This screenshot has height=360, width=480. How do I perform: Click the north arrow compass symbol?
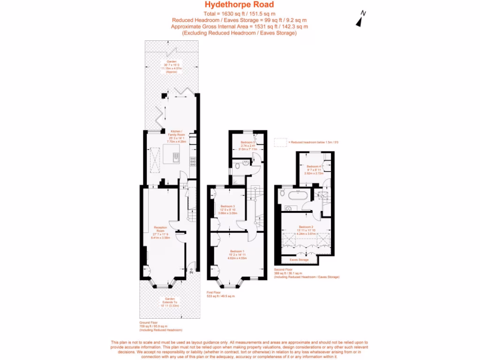(x=360, y=20)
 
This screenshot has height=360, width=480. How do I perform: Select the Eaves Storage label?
(x=299, y=259)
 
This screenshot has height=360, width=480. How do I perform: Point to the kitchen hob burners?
(x=192, y=162)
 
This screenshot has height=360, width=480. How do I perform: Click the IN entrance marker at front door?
(x=191, y=271)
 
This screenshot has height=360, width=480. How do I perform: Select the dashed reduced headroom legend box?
(x=280, y=142)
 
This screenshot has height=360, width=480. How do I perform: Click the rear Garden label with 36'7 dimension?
(x=171, y=65)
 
